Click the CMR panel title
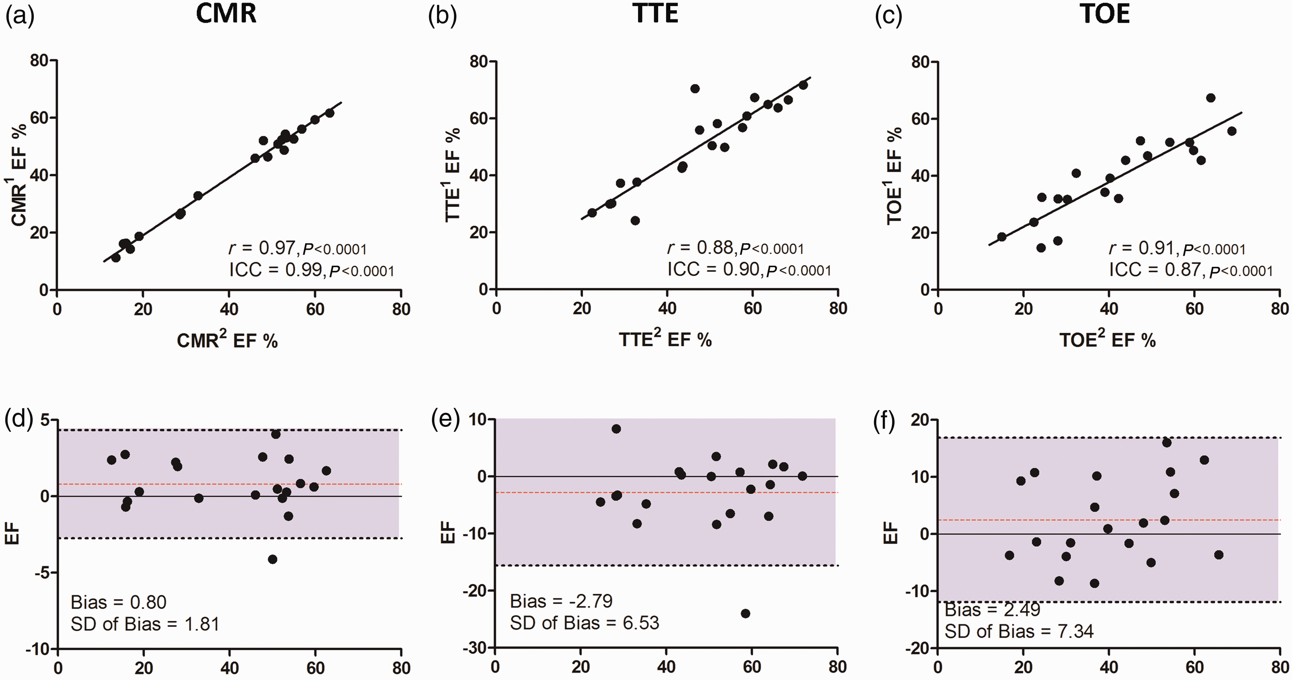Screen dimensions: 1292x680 coord(226,14)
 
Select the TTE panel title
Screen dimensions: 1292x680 coord(655,14)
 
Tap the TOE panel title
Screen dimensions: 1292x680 coord(1105,14)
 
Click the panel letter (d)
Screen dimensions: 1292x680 coord(19,420)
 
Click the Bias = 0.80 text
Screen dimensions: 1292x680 coord(118,602)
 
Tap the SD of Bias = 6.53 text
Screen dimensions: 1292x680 coord(585,623)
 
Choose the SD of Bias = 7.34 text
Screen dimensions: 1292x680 coord(1019,631)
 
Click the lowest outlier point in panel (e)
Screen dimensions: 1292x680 coord(745,613)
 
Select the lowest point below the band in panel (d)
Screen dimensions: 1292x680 coord(272,559)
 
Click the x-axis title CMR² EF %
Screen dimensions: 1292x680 coord(227,341)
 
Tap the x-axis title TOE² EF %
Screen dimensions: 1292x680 coord(1107,341)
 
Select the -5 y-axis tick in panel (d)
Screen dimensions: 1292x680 coord(41,572)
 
